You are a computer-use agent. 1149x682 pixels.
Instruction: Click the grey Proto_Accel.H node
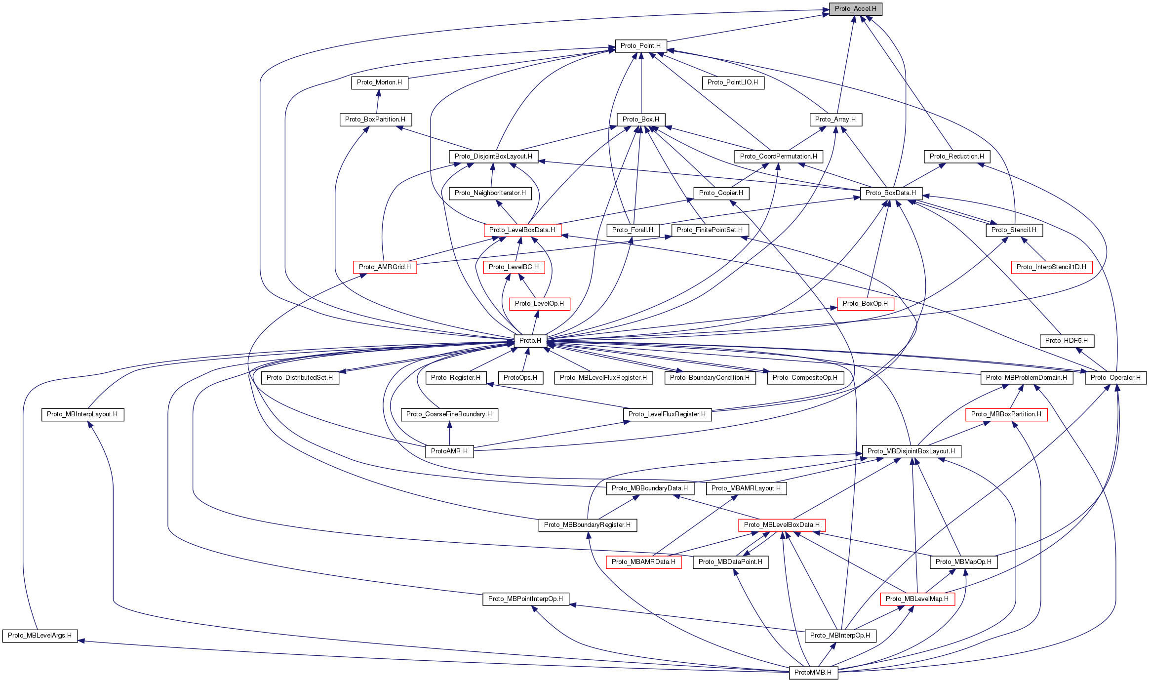click(855, 9)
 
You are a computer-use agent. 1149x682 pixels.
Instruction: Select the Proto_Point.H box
click(640, 46)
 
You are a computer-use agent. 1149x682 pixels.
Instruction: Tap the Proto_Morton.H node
click(379, 82)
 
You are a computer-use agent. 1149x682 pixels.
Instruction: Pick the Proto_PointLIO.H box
click(732, 82)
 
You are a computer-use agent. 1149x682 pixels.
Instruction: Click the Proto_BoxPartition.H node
click(375, 120)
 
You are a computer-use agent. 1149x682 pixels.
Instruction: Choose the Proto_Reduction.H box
click(956, 157)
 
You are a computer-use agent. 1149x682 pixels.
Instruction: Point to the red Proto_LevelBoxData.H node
click(522, 230)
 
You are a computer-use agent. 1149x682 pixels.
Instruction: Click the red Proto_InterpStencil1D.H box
click(1051, 267)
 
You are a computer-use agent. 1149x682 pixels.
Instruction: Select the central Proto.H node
click(530, 341)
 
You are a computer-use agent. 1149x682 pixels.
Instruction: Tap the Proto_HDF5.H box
click(1067, 341)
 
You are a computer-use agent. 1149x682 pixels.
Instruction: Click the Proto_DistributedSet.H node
click(300, 378)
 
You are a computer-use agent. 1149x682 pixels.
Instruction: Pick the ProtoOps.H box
click(520, 378)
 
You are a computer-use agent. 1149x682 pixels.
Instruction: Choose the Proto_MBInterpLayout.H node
click(82, 414)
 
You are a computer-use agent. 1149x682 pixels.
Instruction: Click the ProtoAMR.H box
click(449, 451)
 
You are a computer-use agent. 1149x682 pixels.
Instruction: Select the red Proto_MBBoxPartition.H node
click(1006, 414)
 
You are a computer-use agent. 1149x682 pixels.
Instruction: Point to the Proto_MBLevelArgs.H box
click(40, 636)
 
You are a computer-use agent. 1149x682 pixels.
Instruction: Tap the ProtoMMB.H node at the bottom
click(813, 673)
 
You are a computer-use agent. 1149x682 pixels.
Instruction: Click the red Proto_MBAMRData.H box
click(643, 562)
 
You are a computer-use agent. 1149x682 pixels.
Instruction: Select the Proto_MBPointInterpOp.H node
click(525, 599)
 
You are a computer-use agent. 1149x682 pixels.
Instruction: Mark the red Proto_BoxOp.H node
click(865, 304)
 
